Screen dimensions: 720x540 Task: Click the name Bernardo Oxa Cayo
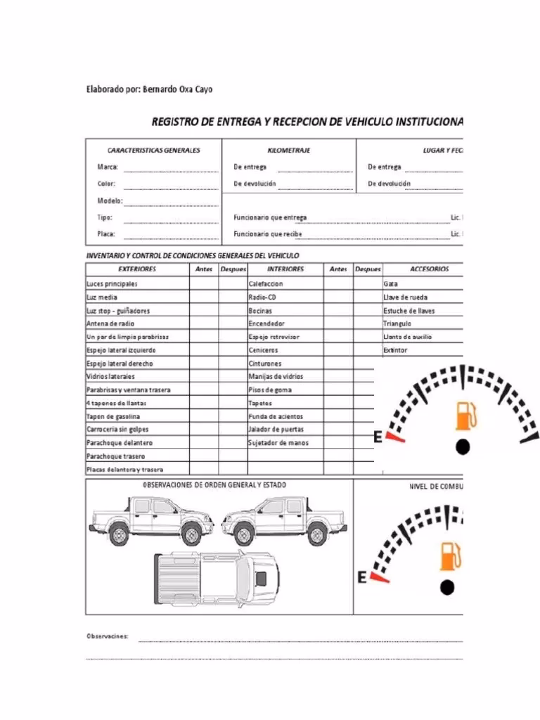pos(176,89)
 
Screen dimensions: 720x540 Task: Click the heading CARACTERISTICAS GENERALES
pos(153,150)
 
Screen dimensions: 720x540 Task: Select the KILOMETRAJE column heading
pos(289,150)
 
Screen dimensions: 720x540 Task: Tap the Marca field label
pos(108,167)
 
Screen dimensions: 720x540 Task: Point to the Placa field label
pos(106,234)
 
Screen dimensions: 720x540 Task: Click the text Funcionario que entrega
pos(270,217)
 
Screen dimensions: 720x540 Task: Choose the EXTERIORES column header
pos(137,269)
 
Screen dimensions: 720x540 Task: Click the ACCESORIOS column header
pos(429,269)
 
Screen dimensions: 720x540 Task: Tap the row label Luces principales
pos(112,284)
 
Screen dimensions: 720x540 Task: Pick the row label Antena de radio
pos(110,323)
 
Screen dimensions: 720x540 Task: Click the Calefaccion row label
pos(266,284)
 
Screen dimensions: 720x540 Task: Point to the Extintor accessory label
pos(395,350)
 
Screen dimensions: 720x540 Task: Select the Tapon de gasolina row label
pos(113,416)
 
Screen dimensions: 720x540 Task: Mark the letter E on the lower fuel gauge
pos(363,578)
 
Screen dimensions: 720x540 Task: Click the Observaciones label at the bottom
pos(107,636)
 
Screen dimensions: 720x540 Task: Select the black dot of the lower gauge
pos(448,586)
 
